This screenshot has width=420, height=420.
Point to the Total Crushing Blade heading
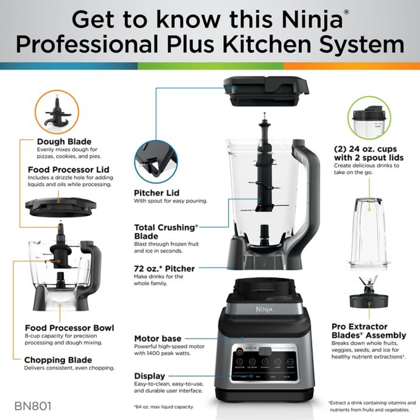166,231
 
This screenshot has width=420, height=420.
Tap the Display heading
150,376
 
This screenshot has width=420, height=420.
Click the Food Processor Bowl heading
69,328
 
